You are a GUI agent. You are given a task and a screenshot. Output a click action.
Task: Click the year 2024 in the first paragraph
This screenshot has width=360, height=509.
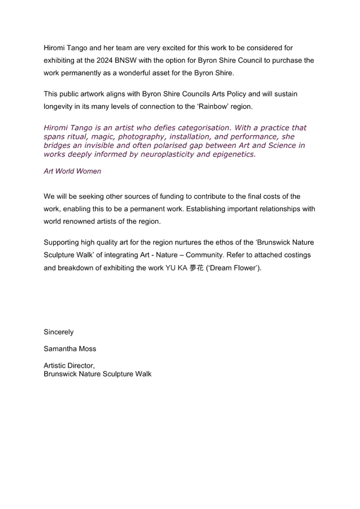tap(104, 60)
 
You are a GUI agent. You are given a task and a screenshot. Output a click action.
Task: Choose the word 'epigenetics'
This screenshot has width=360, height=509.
tap(234, 154)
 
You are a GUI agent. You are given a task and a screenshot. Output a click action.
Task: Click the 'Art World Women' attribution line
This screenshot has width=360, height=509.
tap(72, 171)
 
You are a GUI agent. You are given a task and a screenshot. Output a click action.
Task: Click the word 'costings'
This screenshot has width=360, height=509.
tap(297, 255)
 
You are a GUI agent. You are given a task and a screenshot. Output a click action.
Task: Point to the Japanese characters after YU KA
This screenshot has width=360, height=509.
tap(197, 268)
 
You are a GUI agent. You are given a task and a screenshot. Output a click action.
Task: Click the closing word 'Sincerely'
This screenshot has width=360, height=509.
tap(59, 332)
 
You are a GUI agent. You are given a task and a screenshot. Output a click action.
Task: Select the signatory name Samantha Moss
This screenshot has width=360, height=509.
tap(70, 349)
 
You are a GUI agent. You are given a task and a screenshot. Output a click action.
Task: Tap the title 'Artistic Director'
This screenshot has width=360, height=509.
tap(70, 366)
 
